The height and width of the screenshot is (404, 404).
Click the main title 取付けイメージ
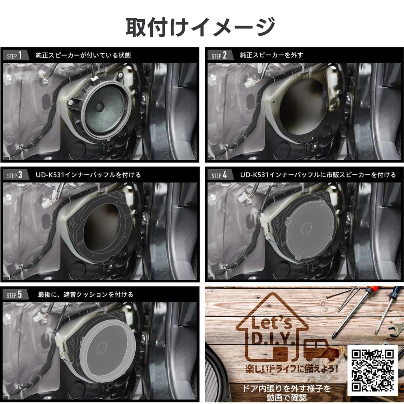coord(200,27)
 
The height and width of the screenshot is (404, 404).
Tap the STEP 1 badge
coord(16,55)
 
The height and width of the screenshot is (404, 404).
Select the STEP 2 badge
coord(219,55)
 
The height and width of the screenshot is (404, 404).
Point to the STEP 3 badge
coord(16,175)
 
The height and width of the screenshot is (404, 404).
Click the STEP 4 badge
coord(219,175)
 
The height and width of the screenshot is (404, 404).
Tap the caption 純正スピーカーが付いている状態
coord(83,55)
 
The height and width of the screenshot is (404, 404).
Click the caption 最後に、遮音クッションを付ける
coord(85,295)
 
